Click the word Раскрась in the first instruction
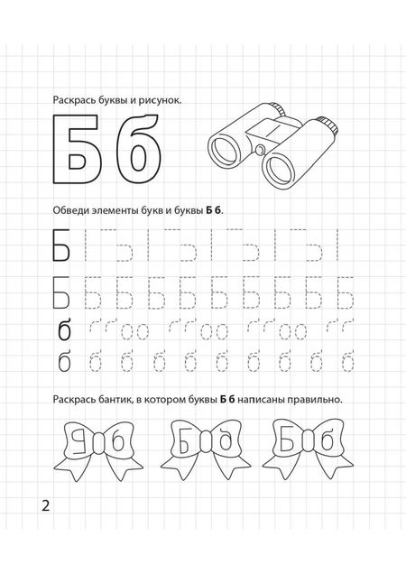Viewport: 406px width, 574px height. tap(78, 101)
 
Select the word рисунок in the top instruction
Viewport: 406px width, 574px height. tap(161, 101)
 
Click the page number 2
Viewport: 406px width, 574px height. tap(44, 504)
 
